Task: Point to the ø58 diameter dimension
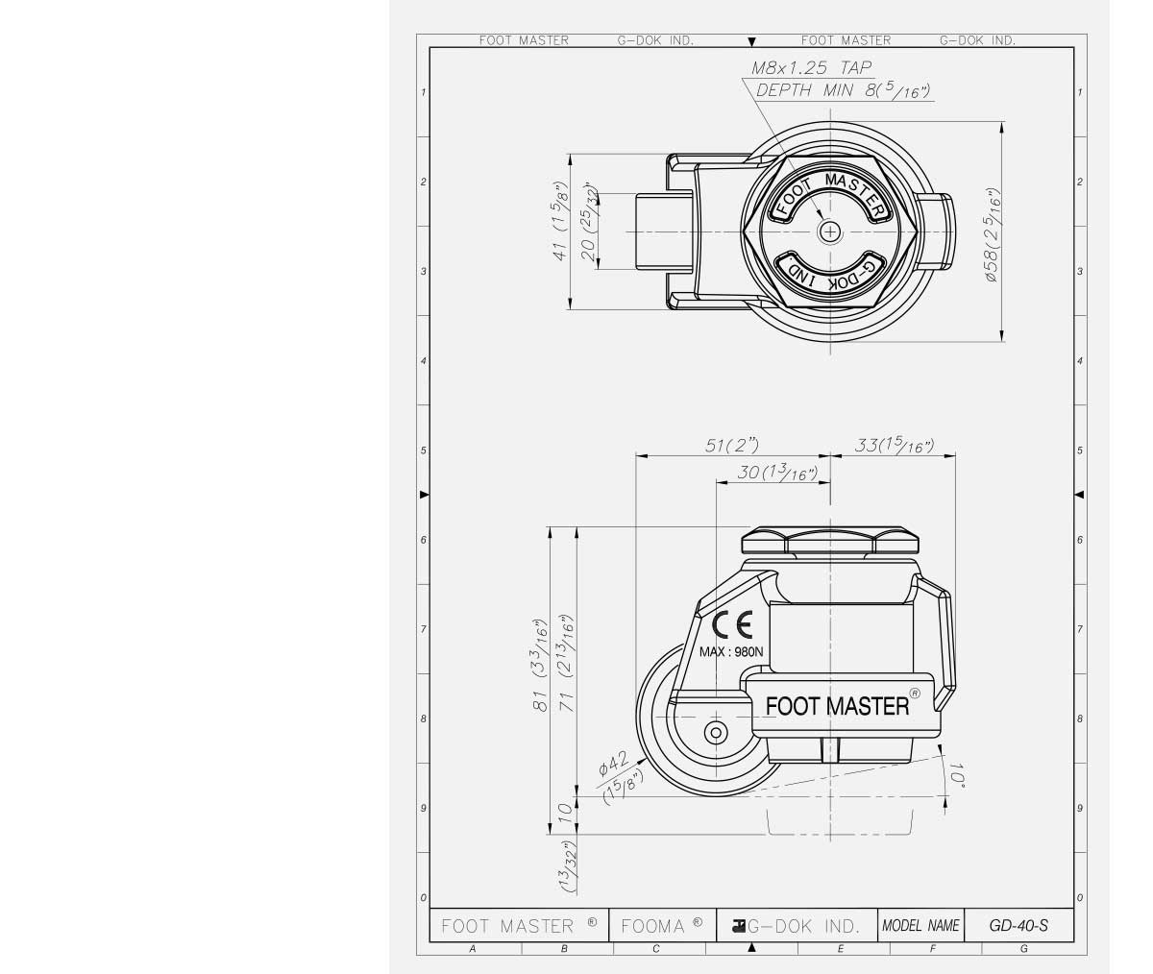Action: [993, 233]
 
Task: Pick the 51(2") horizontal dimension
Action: [731, 445]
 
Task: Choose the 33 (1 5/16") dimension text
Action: [894, 445]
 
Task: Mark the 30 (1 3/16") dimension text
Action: [776, 473]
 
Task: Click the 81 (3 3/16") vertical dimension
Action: [540, 666]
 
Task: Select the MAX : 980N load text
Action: [731, 651]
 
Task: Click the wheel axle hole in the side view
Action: [715, 733]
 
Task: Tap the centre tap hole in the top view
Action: [829, 231]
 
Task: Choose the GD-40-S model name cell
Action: [1018, 926]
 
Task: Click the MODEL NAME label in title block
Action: [920, 926]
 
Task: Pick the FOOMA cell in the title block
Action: [661, 926]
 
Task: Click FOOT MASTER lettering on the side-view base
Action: [837, 706]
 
